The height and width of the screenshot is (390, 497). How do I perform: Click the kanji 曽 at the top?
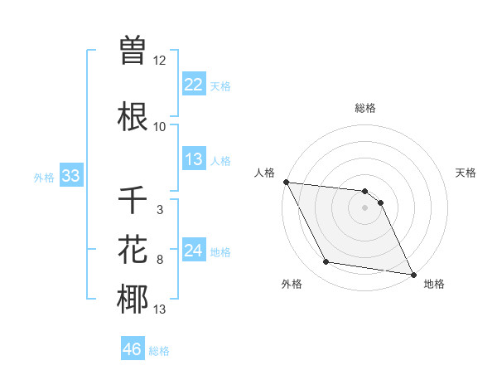[x=133, y=51]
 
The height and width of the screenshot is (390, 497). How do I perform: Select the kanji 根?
[x=133, y=117]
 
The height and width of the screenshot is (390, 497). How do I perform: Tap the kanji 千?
[x=133, y=200]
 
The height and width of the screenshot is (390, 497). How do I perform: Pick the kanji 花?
[x=133, y=250]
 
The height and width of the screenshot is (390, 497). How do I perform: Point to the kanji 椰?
[x=133, y=300]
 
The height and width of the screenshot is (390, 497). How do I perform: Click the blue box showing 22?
[x=194, y=85]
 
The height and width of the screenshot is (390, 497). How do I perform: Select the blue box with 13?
[x=194, y=159]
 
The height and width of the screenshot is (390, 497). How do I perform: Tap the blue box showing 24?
[x=194, y=251]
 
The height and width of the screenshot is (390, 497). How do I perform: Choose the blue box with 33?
[x=70, y=176]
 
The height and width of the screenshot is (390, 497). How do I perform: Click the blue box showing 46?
[x=133, y=349]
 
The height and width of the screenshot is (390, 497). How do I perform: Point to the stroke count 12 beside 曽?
[x=160, y=61]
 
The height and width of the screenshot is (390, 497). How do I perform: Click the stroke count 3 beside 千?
[x=159, y=210]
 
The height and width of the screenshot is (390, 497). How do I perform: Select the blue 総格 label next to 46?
[x=159, y=351]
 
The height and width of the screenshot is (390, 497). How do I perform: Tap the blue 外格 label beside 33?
[x=44, y=177]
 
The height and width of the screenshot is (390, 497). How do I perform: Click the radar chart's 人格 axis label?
[x=264, y=173]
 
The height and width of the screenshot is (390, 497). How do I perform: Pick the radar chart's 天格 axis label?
[x=466, y=173]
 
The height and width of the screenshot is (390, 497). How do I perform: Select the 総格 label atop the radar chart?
[x=365, y=108]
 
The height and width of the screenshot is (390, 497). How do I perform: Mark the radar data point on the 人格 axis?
[x=286, y=182]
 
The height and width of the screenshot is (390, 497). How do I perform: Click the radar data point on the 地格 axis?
[x=413, y=274]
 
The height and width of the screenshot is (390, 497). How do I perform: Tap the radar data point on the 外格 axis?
[x=326, y=262]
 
